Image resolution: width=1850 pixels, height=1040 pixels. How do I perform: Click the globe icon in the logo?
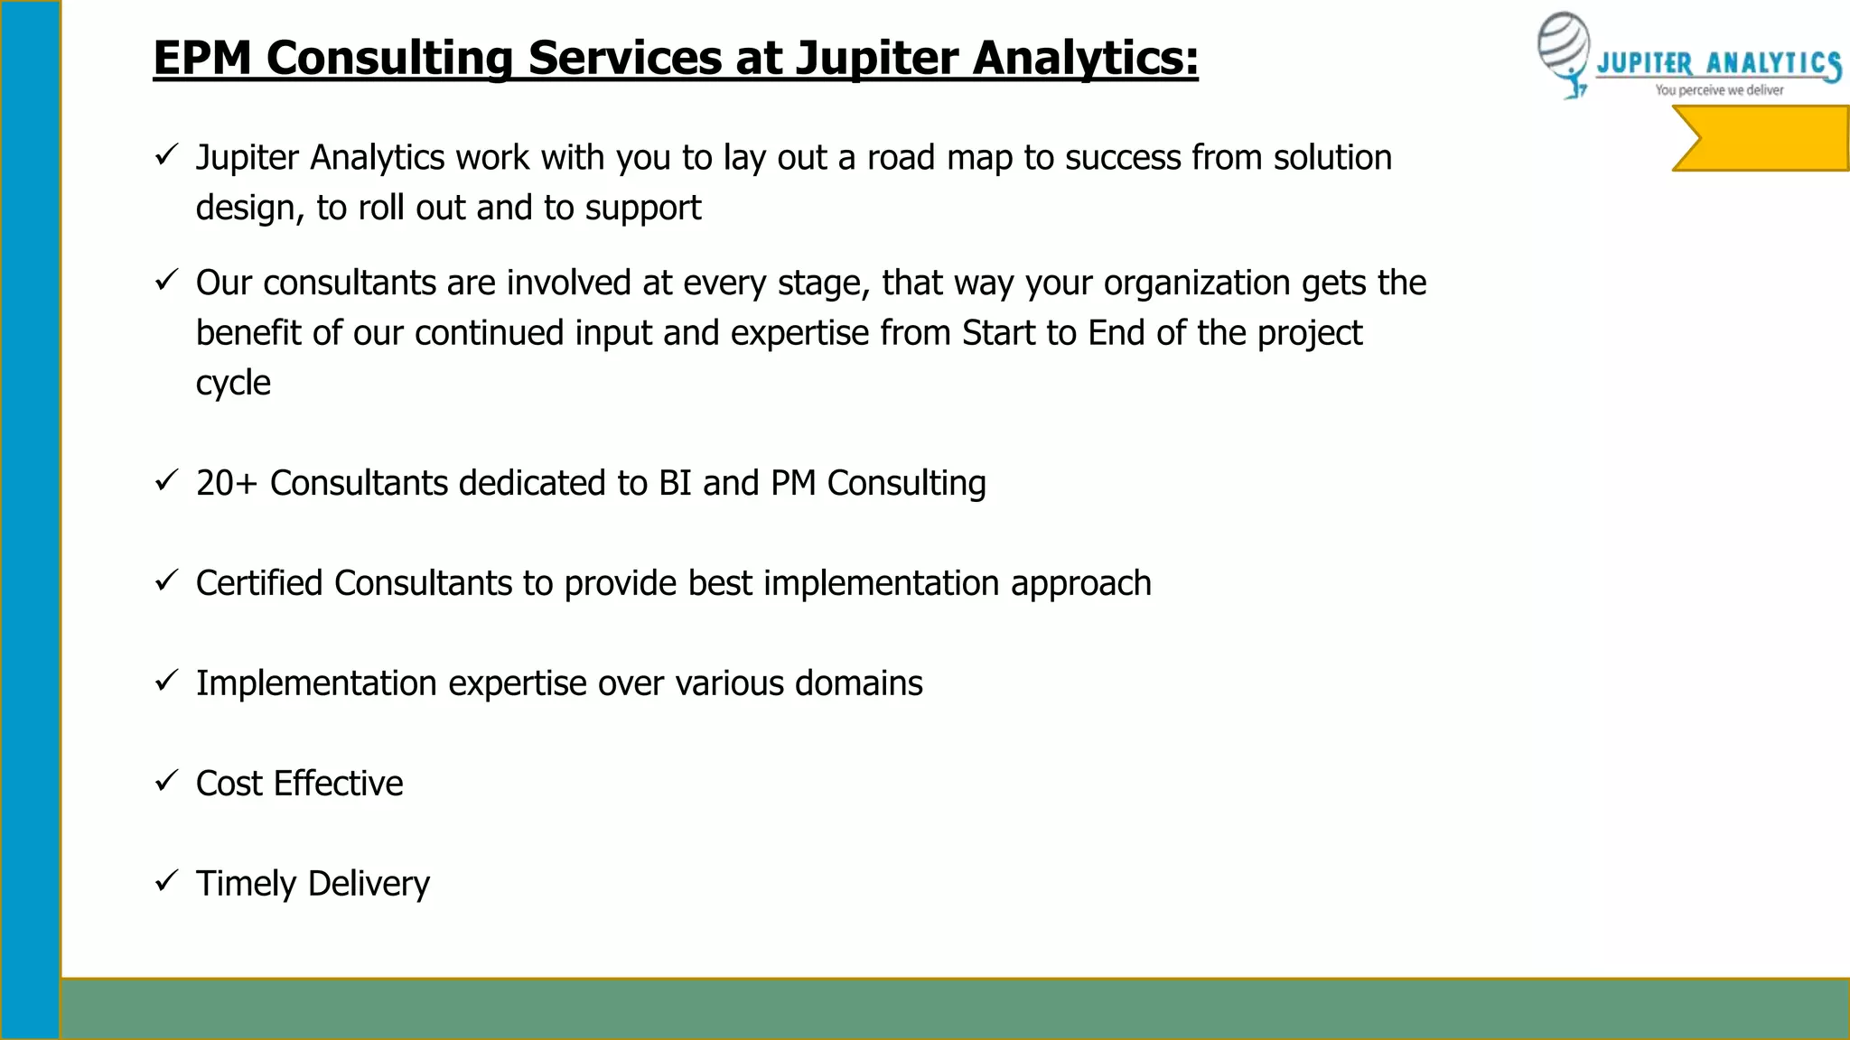[1563, 50]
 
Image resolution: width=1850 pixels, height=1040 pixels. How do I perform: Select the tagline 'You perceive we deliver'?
[1719, 90]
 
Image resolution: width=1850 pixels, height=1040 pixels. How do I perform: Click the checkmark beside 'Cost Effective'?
[166, 781]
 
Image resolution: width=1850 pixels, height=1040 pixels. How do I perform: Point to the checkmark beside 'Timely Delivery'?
[166, 880]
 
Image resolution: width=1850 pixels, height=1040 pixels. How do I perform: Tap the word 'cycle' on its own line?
[233, 384]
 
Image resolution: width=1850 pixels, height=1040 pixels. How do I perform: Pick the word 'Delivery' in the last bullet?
[369, 884]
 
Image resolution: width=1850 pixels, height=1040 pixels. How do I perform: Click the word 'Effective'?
[338, 784]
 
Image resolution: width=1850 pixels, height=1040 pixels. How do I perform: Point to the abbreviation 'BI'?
[675, 483]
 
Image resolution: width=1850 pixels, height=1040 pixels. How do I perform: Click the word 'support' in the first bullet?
[642, 209]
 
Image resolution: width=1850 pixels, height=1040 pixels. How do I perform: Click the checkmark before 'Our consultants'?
[166, 281]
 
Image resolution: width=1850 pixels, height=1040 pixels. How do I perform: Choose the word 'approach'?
[1080, 584]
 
